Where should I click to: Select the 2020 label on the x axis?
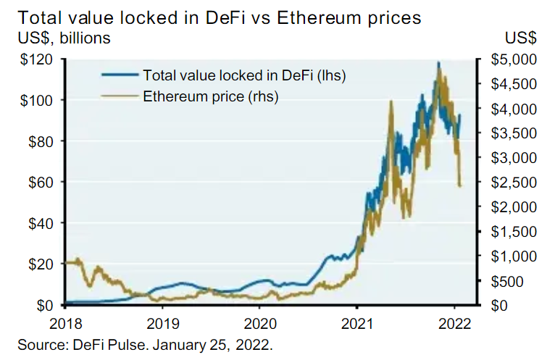[261, 324]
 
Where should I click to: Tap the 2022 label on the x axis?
[456, 324]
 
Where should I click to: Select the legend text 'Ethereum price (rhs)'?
[212, 95]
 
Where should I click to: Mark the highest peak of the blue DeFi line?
[438, 63]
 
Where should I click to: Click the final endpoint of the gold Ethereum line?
[461, 186]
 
